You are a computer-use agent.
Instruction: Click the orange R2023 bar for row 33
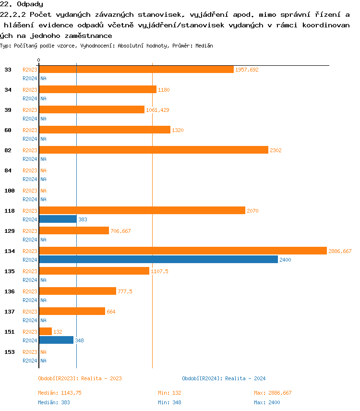tap(136, 70)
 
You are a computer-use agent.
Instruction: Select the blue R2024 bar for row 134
tap(158, 259)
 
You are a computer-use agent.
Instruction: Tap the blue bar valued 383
tap(58, 219)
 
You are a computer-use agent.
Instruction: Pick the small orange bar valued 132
tap(45, 331)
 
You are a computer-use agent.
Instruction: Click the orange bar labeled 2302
tap(153, 150)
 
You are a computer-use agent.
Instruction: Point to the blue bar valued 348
tap(56, 340)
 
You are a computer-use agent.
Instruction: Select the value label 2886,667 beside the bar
tap(340, 251)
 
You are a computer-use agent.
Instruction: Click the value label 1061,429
tap(157, 110)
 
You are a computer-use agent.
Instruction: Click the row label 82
tap(8, 150)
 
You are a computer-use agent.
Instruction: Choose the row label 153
tap(10, 352)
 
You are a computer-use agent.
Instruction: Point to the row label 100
tap(10, 191)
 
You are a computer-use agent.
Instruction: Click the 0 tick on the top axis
tap(39, 60)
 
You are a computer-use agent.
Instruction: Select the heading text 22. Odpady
tap(22, 4)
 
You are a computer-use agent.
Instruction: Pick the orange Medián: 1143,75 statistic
tap(60, 393)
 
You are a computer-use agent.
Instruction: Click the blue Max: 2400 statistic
tap(267, 402)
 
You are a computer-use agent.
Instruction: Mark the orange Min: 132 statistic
tap(169, 393)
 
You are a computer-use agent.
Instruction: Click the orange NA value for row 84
tap(43, 170)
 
